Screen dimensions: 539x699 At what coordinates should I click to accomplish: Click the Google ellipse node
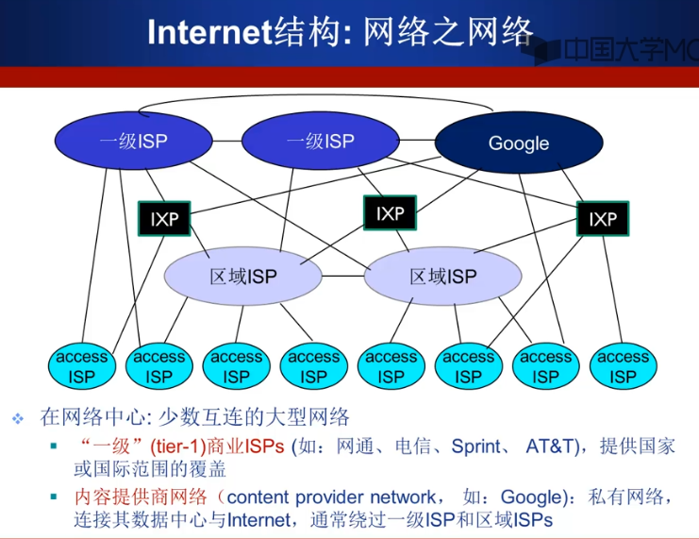click(x=518, y=143)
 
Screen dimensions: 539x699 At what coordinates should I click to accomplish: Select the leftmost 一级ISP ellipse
click(x=133, y=142)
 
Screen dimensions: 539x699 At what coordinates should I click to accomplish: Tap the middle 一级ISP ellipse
click(x=320, y=142)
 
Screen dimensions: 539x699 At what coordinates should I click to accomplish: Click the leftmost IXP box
click(x=164, y=220)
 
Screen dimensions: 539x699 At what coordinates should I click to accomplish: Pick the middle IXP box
click(x=390, y=213)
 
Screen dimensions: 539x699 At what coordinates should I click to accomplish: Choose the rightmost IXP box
click(x=603, y=219)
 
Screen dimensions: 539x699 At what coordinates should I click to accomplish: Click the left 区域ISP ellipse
click(x=242, y=277)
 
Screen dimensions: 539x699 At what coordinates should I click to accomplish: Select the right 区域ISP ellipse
click(x=442, y=277)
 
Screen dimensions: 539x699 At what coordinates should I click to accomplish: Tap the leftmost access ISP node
click(x=82, y=366)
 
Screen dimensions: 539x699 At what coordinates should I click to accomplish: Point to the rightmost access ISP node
click(x=623, y=366)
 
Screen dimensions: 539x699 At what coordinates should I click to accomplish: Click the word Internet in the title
click(x=209, y=33)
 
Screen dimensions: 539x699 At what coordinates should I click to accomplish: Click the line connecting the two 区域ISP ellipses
click(x=341, y=277)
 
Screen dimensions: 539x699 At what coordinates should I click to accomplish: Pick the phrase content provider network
click(x=331, y=497)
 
